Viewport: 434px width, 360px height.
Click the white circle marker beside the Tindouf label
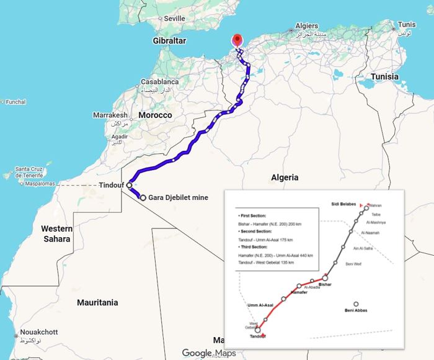[x=129, y=185]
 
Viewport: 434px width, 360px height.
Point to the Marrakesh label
[x=110, y=115]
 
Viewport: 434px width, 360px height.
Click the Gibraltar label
[x=169, y=40]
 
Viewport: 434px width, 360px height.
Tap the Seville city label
[x=174, y=19]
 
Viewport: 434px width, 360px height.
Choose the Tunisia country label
[x=389, y=76]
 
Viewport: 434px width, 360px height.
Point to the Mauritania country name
[x=97, y=303]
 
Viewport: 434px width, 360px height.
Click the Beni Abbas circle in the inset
[x=356, y=304]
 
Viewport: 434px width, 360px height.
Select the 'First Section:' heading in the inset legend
[x=252, y=213]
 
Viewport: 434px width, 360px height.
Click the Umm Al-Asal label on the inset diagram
[x=260, y=305]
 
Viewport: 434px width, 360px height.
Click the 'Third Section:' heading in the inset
[x=252, y=246]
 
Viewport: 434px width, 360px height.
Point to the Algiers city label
[x=307, y=25]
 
